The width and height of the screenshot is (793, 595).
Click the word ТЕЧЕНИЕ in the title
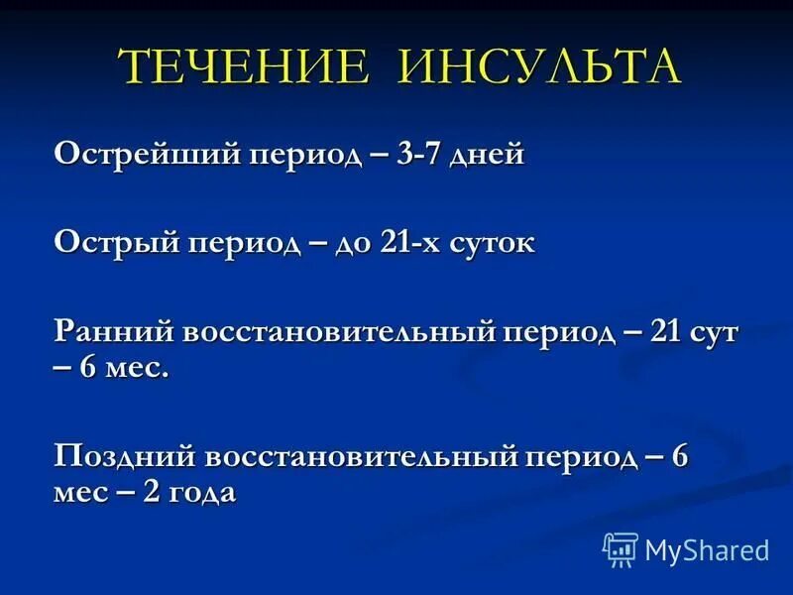pos(244,67)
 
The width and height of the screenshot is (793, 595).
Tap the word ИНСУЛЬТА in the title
pos(540,67)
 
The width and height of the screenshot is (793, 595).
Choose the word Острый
pos(116,243)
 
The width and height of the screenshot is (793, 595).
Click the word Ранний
pos(116,332)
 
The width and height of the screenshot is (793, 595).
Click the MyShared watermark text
pos(707,549)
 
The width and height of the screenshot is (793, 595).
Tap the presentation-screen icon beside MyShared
pos(621,549)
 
